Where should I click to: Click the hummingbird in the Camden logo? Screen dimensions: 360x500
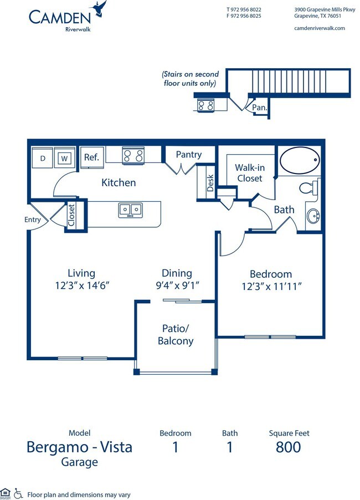(x=99, y=9)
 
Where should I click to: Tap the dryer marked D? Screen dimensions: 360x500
(x=42, y=157)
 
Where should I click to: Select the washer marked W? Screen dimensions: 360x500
(x=65, y=157)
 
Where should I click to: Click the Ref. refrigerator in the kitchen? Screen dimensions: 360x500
(x=92, y=157)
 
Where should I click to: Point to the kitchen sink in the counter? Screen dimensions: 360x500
(x=130, y=211)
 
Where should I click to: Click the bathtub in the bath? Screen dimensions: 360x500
(x=300, y=160)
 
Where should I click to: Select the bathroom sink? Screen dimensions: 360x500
(x=313, y=217)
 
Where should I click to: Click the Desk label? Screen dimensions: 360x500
(x=210, y=183)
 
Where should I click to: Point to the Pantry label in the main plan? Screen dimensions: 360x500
(x=189, y=155)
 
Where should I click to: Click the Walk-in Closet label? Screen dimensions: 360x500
(x=250, y=173)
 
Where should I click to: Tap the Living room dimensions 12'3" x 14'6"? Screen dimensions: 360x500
(x=82, y=285)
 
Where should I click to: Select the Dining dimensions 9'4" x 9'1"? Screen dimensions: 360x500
(x=177, y=285)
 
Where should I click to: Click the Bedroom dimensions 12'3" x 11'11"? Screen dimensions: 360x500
(x=271, y=286)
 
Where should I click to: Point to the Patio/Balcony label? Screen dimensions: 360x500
(x=176, y=334)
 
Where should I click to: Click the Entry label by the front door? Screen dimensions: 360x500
(x=33, y=220)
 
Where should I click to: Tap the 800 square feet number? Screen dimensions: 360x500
(x=289, y=447)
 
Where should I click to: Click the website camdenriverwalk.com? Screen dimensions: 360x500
(x=320, y=28)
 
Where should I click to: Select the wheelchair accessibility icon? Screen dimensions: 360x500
(x=18, y=493)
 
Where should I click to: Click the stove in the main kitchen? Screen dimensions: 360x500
(x=133, y=156)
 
